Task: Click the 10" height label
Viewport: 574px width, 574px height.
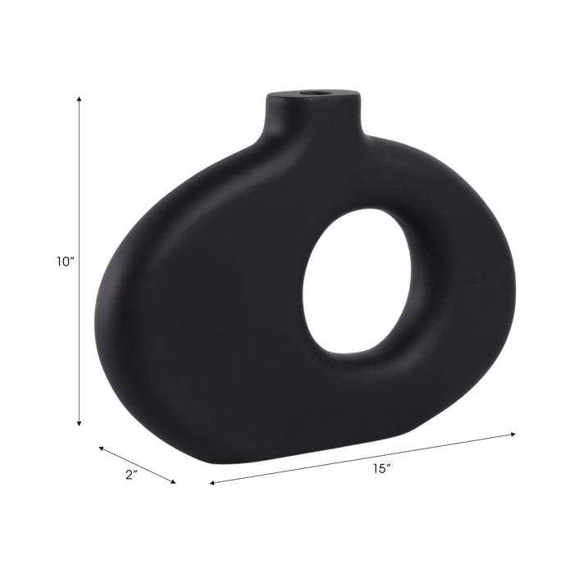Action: click(x=66, y=262)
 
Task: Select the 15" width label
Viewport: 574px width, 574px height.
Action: click(x=380, y=469)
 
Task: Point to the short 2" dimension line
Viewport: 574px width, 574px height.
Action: click(x=137, y=465)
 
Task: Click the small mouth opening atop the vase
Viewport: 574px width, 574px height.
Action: click(x=312, y=94)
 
